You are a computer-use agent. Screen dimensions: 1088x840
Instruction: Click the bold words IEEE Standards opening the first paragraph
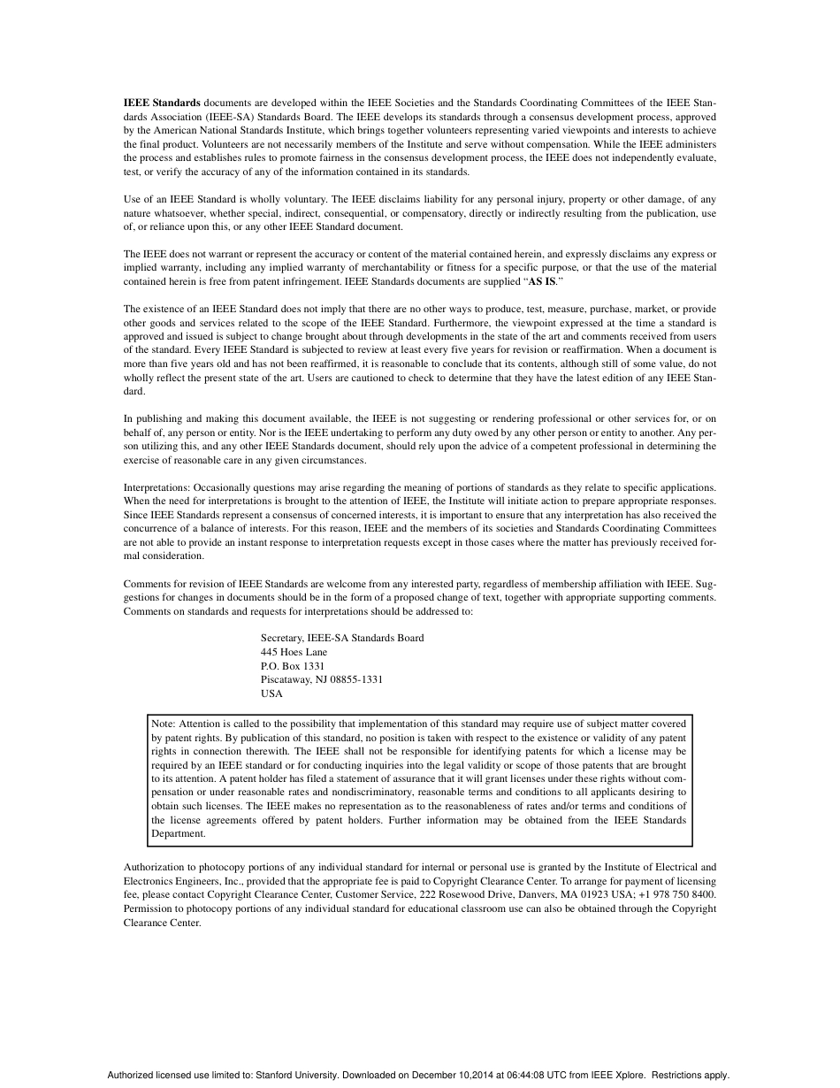(162, 103)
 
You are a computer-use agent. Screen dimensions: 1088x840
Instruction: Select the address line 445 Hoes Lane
(294, 652)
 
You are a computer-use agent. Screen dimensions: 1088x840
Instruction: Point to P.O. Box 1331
(293, 665)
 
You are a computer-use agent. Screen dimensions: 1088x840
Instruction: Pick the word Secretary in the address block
(282, 638)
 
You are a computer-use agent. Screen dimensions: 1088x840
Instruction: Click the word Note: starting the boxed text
(164, 724)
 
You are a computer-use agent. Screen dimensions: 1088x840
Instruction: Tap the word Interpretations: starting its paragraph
(157, 487)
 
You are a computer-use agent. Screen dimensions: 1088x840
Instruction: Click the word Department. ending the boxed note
(179, 833)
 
